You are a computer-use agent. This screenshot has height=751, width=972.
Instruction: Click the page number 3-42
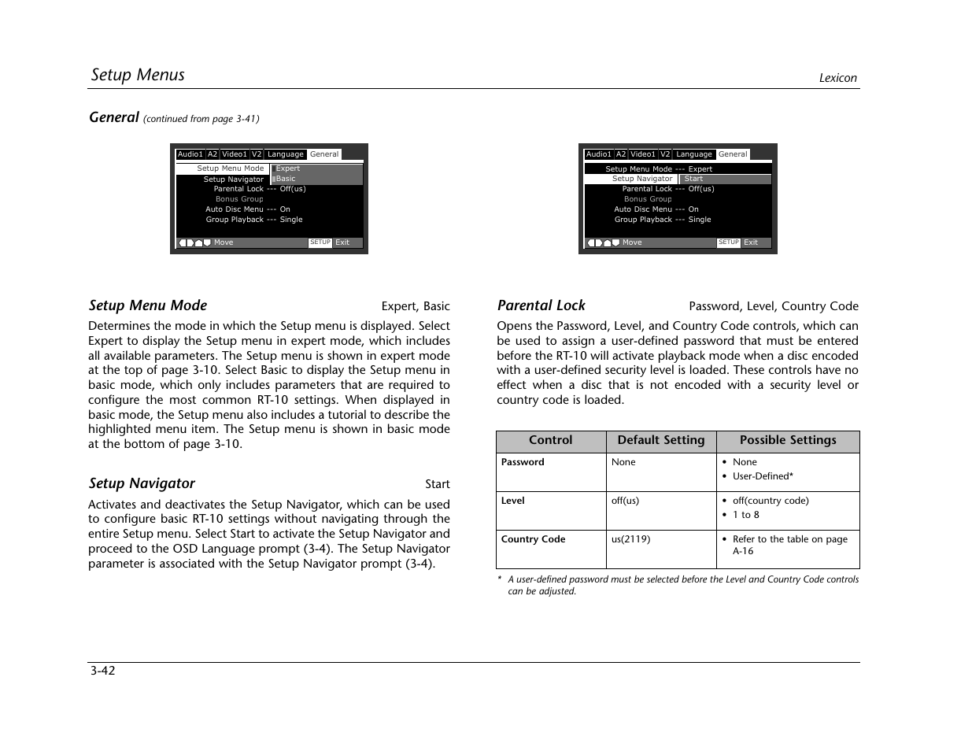tap(102, 671)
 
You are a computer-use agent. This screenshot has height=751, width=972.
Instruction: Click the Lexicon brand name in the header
tap(837, 78)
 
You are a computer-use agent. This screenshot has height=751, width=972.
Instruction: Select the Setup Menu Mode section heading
tap(148, 305)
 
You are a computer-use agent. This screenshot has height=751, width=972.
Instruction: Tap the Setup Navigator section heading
tap(142, 483)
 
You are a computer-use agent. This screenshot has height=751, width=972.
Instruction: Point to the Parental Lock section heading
tap(541, 305)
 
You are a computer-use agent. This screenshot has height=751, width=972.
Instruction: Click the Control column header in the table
tap(550, 441)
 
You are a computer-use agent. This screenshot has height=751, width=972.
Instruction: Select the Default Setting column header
tap(661, 441)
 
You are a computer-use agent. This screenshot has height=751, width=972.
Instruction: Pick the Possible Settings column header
tap(788, 441)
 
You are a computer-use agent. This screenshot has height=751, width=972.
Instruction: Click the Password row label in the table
tap(523, 462)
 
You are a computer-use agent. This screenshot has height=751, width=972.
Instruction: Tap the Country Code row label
tap(533, 539)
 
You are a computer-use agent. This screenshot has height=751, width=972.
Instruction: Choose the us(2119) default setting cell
tap(630, 539)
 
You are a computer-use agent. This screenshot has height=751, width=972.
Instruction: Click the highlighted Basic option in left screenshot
tap(286, 179)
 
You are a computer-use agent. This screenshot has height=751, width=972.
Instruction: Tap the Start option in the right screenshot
tap(693, 179)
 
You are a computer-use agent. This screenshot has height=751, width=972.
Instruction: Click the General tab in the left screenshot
tap(324, 154)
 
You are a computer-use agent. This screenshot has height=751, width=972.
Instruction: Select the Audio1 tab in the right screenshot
tap(598, 154)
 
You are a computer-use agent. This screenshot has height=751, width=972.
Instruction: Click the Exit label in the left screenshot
tap(342, 242)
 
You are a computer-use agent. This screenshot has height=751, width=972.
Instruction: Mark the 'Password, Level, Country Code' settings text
tap(774, 306)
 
